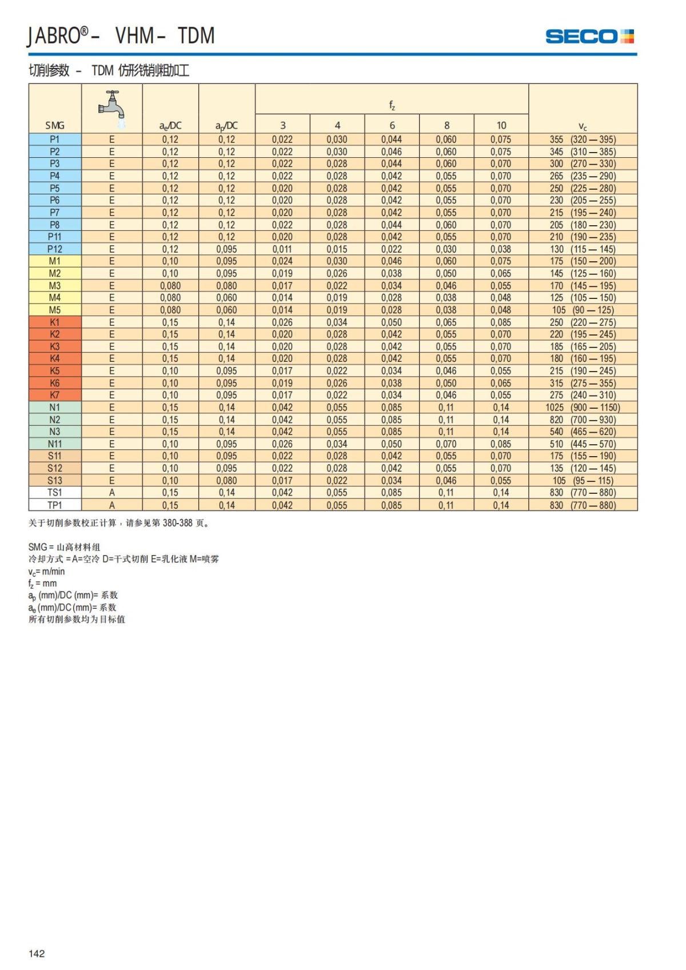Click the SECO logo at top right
pyautogui.click(x=589, y=37)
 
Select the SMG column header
pyautogui.click(x=55, y=125)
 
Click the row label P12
pyautogui.click(x=55, y=249)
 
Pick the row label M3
pyautogui.click(x=55, y=286)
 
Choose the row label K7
pyautogui.click(x=55, y=395)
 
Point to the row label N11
pyautogui.click(x=55, y=444)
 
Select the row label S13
pyautogui.click(x=55, y=481)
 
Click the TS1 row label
pyautogui.click(x=55, y=493)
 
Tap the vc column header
pyautogui.click(x=583, y=126)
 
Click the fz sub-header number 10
pyautogui.click(x=501, y=125)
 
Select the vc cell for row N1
pyautogui.click(x=583, y=408)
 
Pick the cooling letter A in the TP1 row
pyautogui.click(x=112, y=505)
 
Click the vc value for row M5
pyautogui.click(x=583, y=310)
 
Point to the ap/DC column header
pyautogui.click(x=227, y=126)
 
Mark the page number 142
pyautogui.click(x=37, y=953)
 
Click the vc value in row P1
pyautogui.click(x=583, y=139)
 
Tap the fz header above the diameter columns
pyautogui.click(x=392, y=105)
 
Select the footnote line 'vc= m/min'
pyautogui.click(x=47, y=572)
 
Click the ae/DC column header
pyautogui.click(x=170, y=126)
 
